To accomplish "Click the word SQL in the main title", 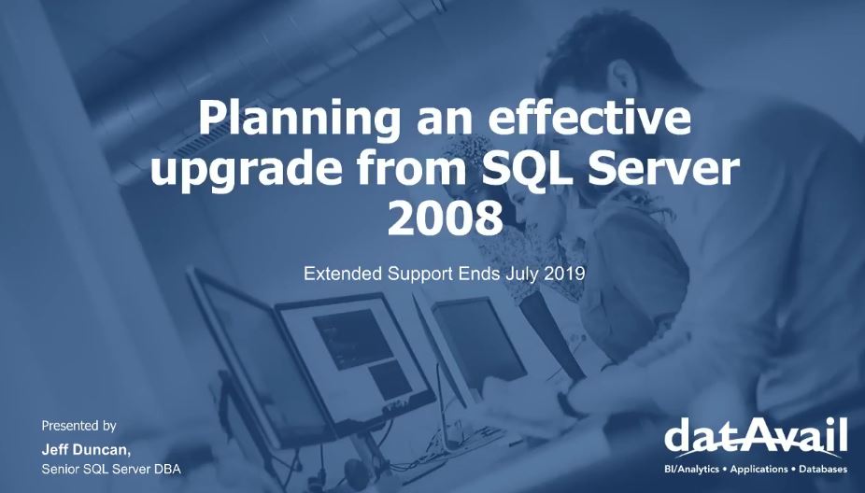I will point(522,172).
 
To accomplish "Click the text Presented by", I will point(79,426).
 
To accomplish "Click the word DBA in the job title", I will point(165,468).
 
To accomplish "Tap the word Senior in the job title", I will point(64,468).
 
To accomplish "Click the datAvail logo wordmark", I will point(757,437).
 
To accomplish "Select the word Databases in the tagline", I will point(822,469).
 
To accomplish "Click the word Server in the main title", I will point(663,172).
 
